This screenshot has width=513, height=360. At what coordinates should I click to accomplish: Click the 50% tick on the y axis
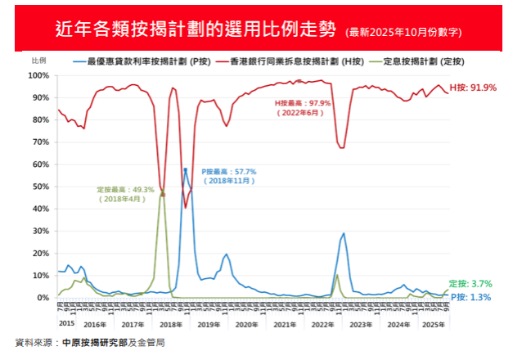41,187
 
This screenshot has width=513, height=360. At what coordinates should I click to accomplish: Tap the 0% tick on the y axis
43,298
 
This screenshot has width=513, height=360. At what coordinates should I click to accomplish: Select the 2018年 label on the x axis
171,325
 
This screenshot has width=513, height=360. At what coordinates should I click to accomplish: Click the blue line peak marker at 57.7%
186,169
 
